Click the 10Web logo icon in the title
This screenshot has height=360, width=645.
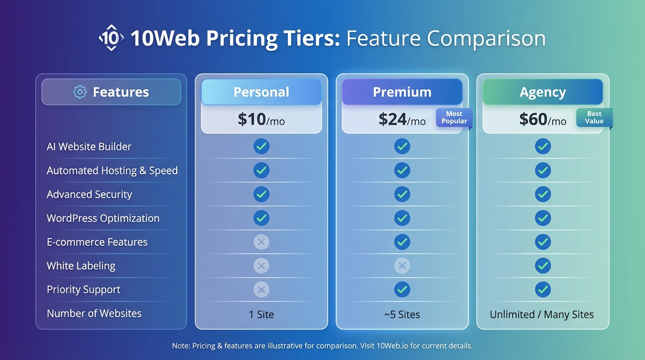(x=111, y=38)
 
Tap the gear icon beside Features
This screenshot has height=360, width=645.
(x=80, y=92)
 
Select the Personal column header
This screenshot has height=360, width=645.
(x=262, y=92)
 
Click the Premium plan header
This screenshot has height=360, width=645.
(x=402, y=92)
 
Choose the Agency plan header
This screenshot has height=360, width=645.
(x=543, y=92)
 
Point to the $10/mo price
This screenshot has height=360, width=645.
(x=261, y=120)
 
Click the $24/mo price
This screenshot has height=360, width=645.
(x=402, y=120)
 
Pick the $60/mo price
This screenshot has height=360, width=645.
(x=542, y=120)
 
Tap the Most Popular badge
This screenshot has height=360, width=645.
(x=454, y=118)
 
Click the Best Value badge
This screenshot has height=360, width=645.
(x=594, y=118)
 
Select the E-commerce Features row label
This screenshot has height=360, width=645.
(x=97, y=242)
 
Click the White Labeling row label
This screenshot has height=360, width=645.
(x=81, y=266)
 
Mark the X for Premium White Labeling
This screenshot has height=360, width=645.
(x=402, y=266)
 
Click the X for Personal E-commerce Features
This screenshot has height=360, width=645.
(x=262, y=242)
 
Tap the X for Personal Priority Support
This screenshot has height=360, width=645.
(x=262, y=290)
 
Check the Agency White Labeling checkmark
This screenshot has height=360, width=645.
(x=543, y=266)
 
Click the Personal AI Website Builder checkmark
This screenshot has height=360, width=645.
(x=262, y=146)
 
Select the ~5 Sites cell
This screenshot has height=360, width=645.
(x=402, y=315)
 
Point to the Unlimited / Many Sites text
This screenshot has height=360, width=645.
(x=542, y=315)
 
